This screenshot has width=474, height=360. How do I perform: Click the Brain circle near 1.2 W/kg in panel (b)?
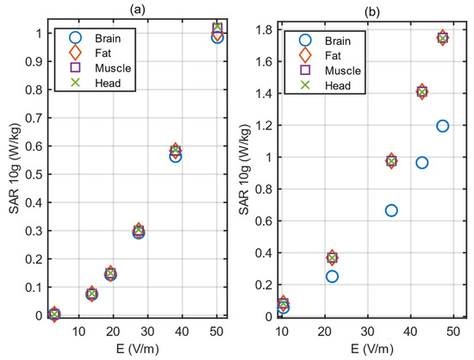(443, 126)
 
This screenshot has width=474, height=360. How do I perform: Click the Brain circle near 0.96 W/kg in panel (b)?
(421, 163)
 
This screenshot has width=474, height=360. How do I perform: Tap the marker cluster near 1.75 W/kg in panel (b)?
(443, 38)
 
